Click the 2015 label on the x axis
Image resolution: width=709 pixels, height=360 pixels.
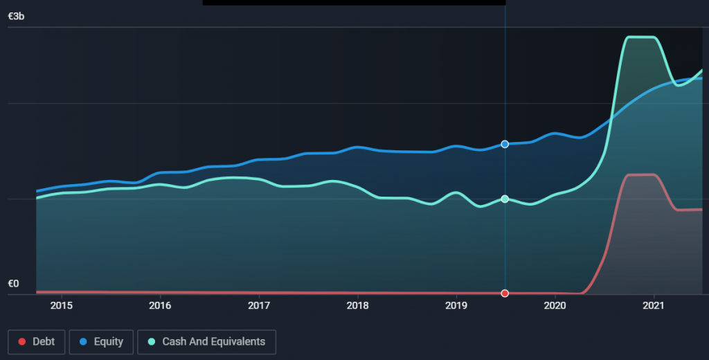pos(62,305)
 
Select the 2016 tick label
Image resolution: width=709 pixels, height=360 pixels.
pos(160,305)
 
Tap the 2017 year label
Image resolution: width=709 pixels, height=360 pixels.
pos(259,305)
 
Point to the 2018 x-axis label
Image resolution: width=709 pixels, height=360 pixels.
pos(357,305)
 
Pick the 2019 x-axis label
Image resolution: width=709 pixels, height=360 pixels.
pos(456,305)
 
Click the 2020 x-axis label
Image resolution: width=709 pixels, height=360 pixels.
pos(555,305)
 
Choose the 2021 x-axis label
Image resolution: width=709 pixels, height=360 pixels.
pos(654,305)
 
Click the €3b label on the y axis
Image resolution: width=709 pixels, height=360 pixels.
pos(16,17)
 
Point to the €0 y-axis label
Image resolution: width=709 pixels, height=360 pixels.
pos(14,284)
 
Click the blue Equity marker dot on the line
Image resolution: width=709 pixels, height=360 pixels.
pos(505,144)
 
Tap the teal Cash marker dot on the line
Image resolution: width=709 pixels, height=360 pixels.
pos(505,199)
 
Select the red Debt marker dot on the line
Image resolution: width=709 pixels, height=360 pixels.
pos(505,293)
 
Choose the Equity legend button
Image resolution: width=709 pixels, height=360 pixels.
pos(100,341)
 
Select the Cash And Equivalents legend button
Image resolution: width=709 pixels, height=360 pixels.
pos(206,341)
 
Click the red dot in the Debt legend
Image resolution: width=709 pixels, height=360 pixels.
pos(21,341)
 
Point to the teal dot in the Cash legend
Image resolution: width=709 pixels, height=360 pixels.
pos(151,341)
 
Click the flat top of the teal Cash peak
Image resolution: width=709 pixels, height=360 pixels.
pos(641,37)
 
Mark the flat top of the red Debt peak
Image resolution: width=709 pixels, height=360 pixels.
pos(641,174)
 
